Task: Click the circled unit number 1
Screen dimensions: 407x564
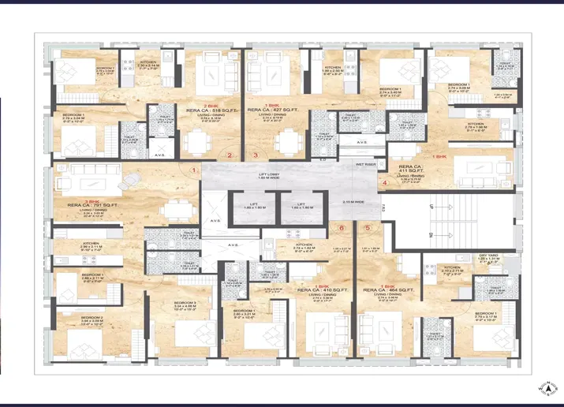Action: point(193,170)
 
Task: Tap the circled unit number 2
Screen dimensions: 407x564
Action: point(230,155)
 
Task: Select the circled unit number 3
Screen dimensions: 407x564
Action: point(256,155)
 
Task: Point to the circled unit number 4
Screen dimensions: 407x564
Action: point(384,183)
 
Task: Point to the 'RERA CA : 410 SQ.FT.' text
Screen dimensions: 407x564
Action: point(323,291)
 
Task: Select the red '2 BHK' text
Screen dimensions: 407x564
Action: point(211,105)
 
